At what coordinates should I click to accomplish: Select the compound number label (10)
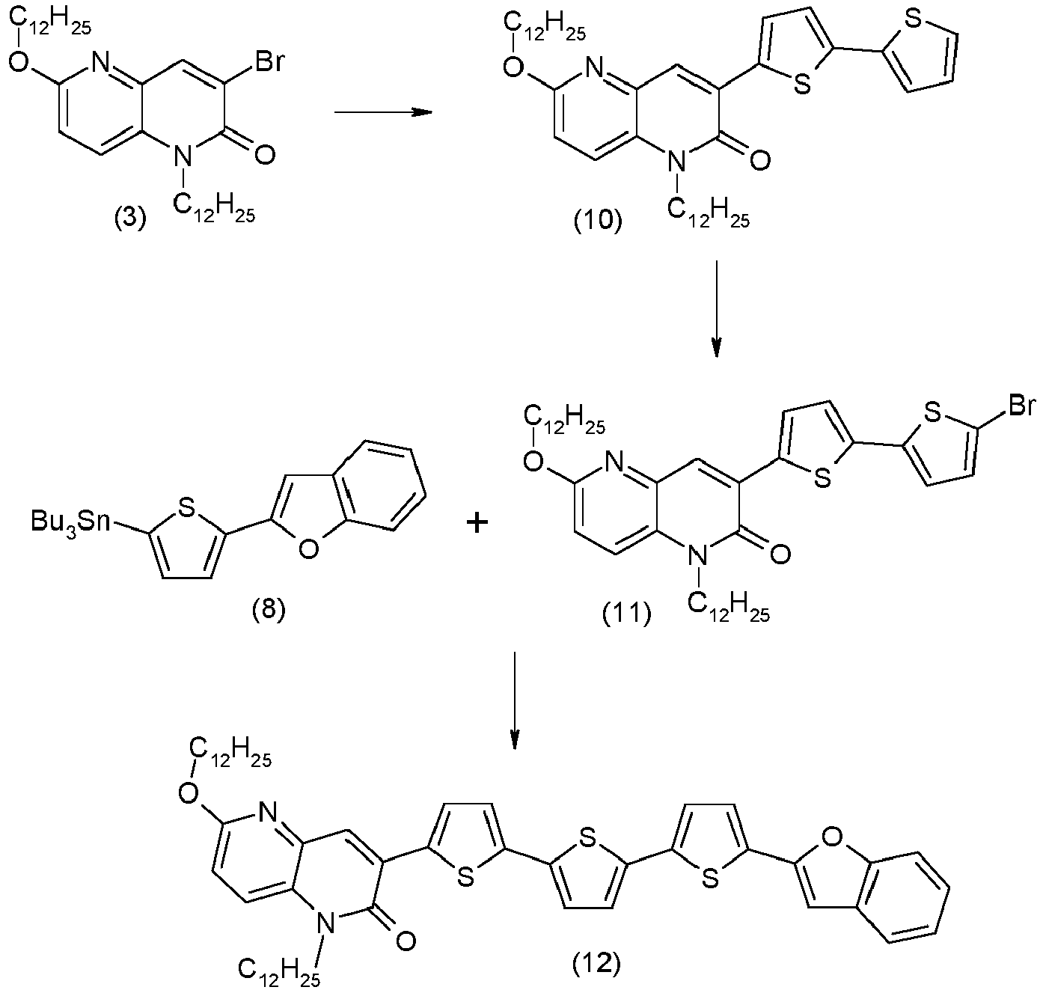point(597,221)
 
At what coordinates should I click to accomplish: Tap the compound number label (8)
point(269,610)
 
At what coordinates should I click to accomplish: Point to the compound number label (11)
point(626,614)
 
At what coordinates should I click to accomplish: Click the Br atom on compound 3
point(269,61)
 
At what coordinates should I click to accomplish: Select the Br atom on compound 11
point(1021,406)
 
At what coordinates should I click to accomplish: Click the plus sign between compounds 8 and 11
point(477,523)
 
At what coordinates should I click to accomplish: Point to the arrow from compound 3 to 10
point(383,112)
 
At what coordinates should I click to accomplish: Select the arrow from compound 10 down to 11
point(717,308)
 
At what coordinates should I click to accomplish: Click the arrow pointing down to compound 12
point(514,700)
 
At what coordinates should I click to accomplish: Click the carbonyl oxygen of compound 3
point(263,155)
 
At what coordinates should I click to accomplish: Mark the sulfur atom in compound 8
point(186,510)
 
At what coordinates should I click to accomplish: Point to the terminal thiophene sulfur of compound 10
point(913,20)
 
